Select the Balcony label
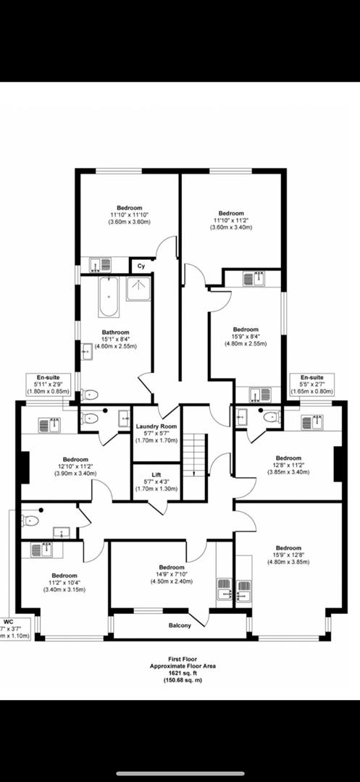(180, 625)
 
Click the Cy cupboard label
(141, 266)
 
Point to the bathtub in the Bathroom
(109, 297)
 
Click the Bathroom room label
(116, 334)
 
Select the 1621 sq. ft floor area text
(180, 673)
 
